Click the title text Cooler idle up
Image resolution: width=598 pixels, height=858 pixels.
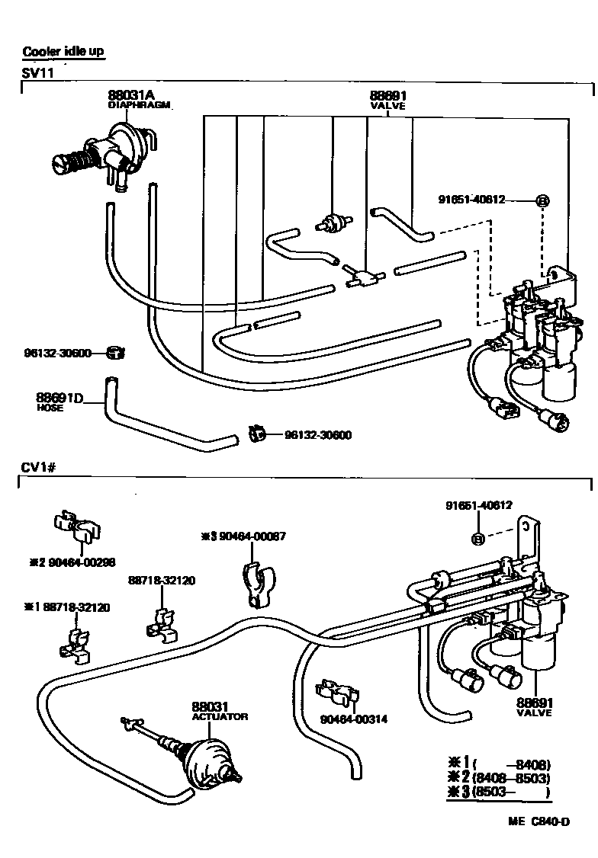[x=63, y=52]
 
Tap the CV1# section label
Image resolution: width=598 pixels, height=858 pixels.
[x=37, y=466]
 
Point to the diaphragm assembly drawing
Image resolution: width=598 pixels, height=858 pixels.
[x=107, y=152]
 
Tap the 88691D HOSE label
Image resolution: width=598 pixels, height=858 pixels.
[x=59, y=399]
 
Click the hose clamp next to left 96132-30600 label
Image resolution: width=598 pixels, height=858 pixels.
[x=117, y=353]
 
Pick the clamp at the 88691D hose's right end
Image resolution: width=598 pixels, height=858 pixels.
[x=257, y=435]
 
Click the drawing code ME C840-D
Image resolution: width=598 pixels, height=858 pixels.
[x=539, y=821]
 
